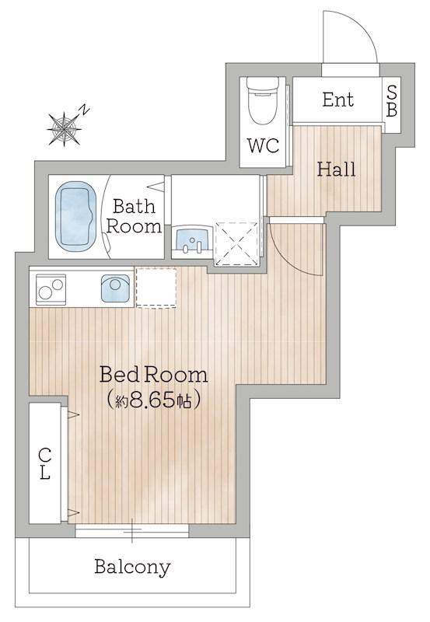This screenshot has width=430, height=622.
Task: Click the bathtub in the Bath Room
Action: [75, 217]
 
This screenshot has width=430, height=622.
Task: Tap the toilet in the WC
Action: [262, 100]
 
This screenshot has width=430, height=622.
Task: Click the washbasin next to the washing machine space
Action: [192, 239]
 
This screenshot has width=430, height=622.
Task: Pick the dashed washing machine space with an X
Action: [236, 243]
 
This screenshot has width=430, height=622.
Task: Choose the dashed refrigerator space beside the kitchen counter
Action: [156, 288]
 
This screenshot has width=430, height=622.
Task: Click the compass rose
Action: [64, 128]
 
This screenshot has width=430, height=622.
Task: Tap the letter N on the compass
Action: [84, 110]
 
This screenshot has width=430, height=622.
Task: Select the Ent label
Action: [337, 100]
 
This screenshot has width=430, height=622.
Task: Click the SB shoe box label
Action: [392, 102]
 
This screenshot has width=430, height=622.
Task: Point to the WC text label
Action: [264, 145]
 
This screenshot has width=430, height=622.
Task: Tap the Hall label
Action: [336, 169]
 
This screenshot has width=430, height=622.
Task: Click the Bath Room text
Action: [134, 217]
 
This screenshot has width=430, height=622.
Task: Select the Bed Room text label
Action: [153, 375]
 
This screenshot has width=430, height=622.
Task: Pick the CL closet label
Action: [45, 463]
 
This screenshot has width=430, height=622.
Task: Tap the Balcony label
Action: [132, 568]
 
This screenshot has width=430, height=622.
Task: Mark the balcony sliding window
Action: [132, 530]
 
